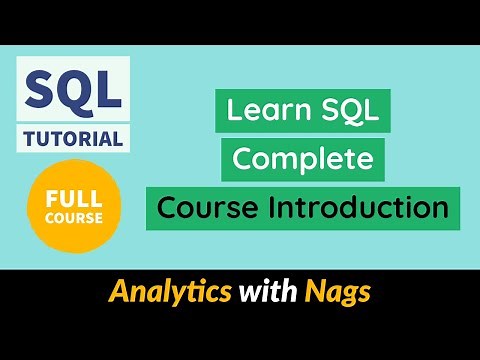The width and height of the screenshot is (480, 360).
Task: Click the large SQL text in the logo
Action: (x=72, y=91)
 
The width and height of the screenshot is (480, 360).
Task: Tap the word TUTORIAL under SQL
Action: (x=72, y=137)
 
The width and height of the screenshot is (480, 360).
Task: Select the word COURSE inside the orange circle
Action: (x=72, y=218)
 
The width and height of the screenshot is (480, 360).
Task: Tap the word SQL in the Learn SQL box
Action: (x=349, y=112)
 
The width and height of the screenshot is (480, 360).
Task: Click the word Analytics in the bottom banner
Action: (x=169, y=293)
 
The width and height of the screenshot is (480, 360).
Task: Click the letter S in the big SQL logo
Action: (x=39, y=91)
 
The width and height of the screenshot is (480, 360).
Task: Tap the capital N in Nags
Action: (x=315, y=293)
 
